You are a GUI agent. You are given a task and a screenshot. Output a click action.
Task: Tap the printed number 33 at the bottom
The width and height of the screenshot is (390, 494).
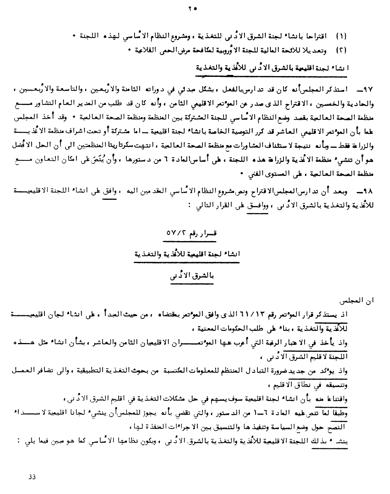32,476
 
